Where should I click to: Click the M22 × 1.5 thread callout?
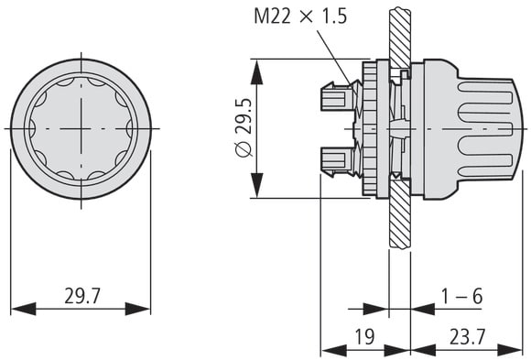point(300,16)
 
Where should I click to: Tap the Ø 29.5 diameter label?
point(244,128)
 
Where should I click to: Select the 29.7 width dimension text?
point(82,296)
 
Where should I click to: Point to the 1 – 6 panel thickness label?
point(461,296)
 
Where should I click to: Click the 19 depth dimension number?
point(364,336)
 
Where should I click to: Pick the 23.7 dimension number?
point(467,336)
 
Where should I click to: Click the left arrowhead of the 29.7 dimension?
point(24,309)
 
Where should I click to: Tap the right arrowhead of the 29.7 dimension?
point(138,309)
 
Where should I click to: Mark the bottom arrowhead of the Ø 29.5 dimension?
point(256,185)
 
